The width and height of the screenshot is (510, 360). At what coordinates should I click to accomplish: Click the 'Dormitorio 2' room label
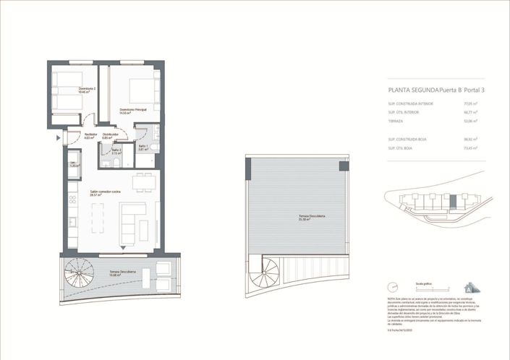click(88, 91)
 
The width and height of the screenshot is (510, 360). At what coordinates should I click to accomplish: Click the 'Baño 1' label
click(143, 147)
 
